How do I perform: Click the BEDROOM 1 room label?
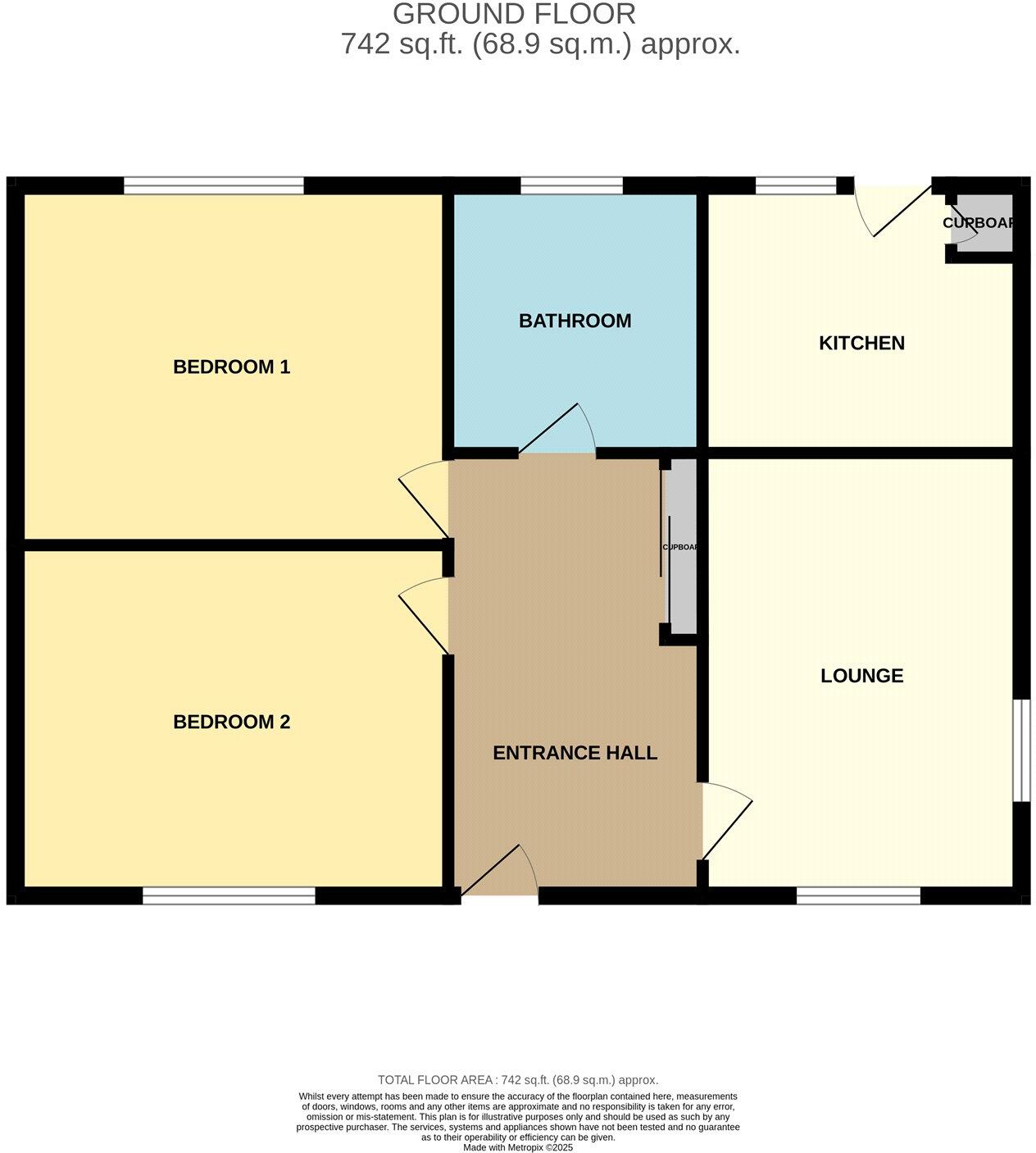coord(231,367)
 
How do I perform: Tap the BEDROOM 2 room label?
coord(231,722)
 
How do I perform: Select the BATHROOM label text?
coord(575,321)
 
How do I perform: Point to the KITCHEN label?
coord(861,343)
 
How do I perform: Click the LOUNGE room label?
coord(861,676)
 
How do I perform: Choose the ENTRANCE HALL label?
coord(575,753)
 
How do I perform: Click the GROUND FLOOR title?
coord(514,14)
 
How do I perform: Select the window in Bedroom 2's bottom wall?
coord(229,896)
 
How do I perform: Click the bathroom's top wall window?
coord(571,186)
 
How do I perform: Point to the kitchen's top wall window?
coord(795,186)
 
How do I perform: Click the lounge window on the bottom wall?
coord(858,896)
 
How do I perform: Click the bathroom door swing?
coord(557,431)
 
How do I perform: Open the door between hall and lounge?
coord(725,820)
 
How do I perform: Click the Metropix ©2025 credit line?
coord(518,1147)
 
